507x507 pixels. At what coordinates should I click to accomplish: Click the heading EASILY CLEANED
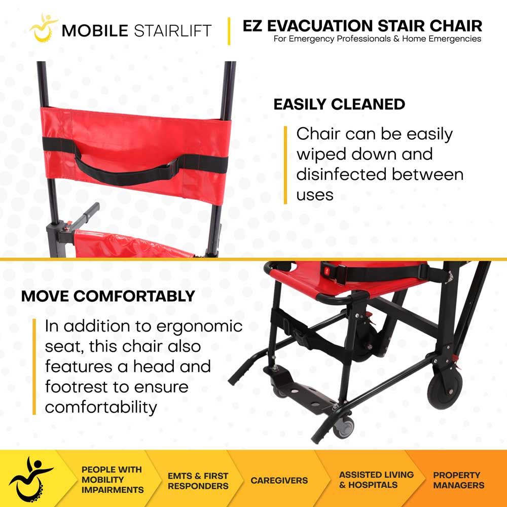coord(339,104)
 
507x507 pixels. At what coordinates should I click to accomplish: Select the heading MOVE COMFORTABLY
coord(108,297)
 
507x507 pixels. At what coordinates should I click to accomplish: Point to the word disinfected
coord(341,174)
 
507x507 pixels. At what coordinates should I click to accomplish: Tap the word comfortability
coord(101,407)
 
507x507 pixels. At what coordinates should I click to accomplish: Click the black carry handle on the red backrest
coord(127,170)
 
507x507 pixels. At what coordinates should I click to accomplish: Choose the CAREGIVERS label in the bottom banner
coord(279,480)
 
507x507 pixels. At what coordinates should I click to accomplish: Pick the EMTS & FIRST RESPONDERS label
coord(198,481)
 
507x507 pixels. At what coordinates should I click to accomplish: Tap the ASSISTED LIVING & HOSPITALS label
coord(376,480)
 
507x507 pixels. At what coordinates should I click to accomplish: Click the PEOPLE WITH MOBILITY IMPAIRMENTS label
coord(113,480)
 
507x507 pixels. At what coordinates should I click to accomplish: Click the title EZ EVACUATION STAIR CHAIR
coord(362,25)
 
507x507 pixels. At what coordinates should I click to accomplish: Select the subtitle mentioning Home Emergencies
coord(377,39)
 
